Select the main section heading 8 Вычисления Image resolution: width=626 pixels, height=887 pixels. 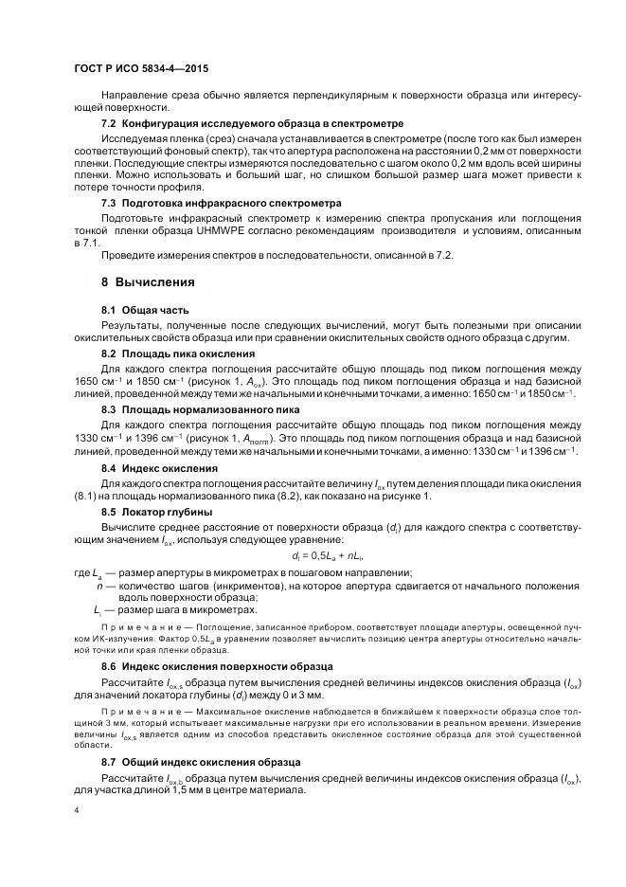click(x=148, y=282)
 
